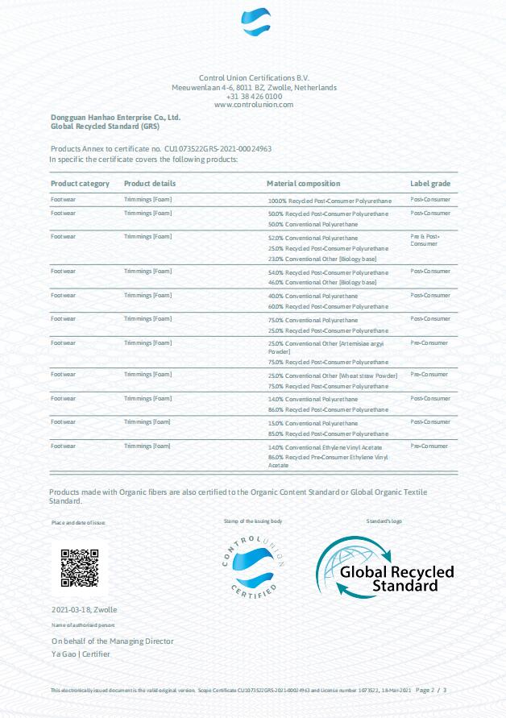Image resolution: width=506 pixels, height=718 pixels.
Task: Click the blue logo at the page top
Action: click(256, 23)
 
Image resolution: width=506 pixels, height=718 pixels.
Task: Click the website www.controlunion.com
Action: click(254, 105)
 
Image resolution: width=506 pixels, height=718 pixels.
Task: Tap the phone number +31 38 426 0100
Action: click(254, 96)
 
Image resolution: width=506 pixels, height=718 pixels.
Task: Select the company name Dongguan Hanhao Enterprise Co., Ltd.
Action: click(115, 118)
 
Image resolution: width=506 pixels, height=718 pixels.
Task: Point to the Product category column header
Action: click(80, 184)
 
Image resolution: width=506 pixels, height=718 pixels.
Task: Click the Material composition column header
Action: click(303, 184)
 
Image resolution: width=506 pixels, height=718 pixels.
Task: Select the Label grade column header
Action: click(430, 184)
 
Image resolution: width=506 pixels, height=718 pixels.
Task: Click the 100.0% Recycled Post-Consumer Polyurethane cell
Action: click(328, 199)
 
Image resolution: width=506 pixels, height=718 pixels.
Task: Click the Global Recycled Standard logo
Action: click(384, 568)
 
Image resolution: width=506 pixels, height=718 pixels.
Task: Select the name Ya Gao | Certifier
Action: click(81, 654)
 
